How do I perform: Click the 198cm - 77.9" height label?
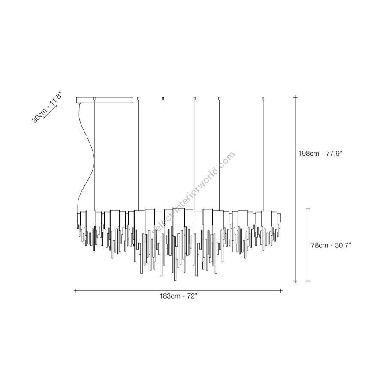click(x=320, y=154)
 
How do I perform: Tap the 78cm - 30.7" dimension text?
click(x=331, y=245)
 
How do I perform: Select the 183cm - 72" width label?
click(x=179, y=296)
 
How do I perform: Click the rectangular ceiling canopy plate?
click(x=105, y=100)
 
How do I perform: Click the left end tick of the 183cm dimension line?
click(x=76, y=291)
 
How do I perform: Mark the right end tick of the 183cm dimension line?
click(x=282, y=291)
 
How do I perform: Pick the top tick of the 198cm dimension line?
click(x=296, y=97)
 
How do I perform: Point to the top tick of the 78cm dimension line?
click(x=308, y=209)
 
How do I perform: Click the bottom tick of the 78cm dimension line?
click(x=308, y=281)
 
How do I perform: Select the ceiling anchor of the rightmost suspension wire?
click(x=263, y=99)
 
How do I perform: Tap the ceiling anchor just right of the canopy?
click(x=138, y=99)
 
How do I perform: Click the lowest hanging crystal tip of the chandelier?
click(x=175, y=280)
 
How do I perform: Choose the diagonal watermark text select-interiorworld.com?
click(x=194, y=193)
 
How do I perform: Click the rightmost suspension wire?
click(x=263, y=156)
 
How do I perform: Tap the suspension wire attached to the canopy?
click(x=94, y=155)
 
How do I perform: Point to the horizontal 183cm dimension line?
click(x=179, y=291)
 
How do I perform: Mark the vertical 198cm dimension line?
click(x=296, y=189)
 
